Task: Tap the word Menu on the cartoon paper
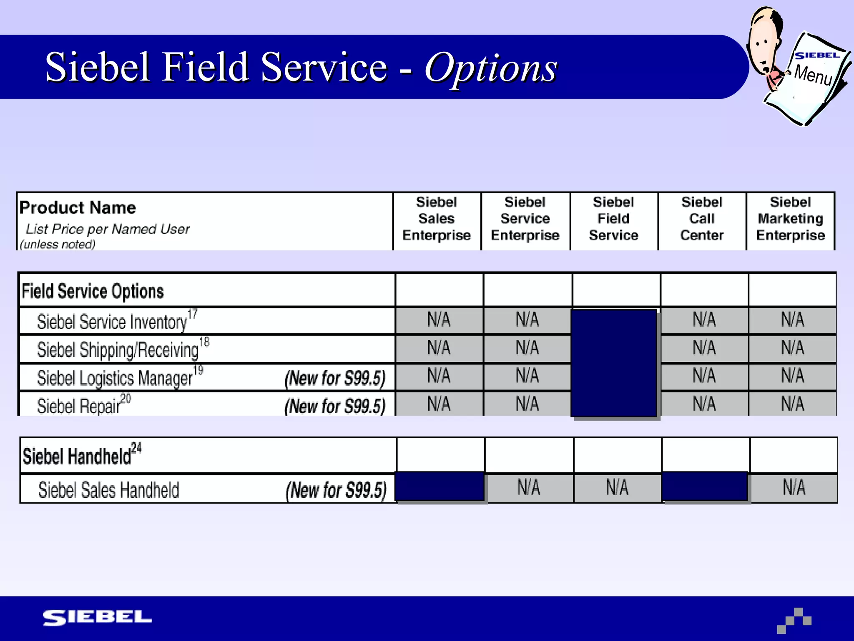point(813,75)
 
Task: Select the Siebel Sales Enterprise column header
point(436,219)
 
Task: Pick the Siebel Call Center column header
point(702,219)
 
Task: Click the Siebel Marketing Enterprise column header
point(790,219)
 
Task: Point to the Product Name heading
point(78,207)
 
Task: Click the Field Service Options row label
point(93,291)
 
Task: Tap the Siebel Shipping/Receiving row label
point(118,350)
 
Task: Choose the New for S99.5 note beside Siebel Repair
point(335,406)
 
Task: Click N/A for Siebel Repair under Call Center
point(704,404)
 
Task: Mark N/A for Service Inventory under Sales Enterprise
point(439,320)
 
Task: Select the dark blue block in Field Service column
point(614,363)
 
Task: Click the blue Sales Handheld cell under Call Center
point(705,487)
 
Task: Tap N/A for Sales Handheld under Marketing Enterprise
point(794,487)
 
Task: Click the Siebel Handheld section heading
point(77,456)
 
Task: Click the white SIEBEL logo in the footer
point(97,618)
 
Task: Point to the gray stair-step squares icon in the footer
point(794,621)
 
